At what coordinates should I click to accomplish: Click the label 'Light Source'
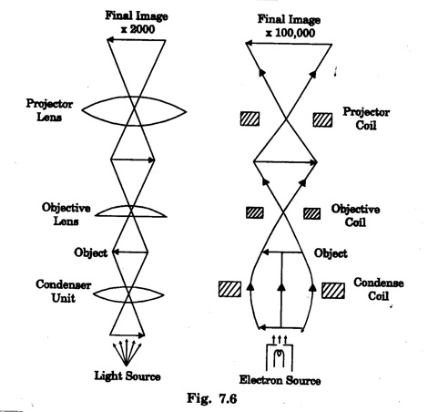coord(127,376)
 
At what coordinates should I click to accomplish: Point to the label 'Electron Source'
coord(280,380)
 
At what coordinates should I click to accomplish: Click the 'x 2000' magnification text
coord(138,29)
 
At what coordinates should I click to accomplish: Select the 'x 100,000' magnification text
coord(290,33)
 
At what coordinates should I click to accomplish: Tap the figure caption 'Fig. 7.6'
coord(211,398)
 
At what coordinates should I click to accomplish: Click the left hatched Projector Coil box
coord(250,118)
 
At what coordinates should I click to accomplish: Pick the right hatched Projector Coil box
coord(322,119)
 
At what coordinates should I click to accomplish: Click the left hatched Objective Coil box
coord(254,212)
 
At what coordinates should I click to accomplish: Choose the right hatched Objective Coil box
coord(311,213)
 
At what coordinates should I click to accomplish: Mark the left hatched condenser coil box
coord(229,289)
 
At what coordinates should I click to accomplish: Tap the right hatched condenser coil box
coord(333,291)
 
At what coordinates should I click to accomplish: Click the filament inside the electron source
coord(280,359)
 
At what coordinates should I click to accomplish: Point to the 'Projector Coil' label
coord(366,118)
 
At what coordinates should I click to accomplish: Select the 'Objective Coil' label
coord(355,215)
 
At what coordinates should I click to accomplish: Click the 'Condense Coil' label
coord(378,289)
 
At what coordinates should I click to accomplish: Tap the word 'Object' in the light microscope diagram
coord(90,252)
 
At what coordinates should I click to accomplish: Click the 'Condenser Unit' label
coord(63,291)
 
